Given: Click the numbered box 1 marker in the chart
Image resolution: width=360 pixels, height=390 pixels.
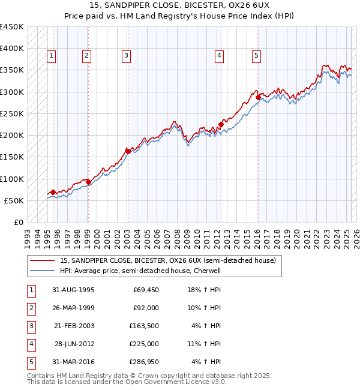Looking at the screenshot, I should click(52, 56).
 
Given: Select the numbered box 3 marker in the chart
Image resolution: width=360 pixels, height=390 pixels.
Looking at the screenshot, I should click(127, 56).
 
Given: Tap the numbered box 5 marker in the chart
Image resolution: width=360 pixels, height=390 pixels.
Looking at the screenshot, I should click(256, 56).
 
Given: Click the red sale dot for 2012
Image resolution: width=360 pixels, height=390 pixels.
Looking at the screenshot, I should click(220, 125).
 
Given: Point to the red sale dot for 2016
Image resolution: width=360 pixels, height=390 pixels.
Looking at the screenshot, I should click(258, 97).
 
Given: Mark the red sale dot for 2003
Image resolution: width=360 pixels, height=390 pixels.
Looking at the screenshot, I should click(128, 151).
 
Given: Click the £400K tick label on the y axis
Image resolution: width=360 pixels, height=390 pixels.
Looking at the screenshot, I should click(12, 49).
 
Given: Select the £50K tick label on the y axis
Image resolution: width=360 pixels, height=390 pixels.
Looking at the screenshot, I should click(14, 200).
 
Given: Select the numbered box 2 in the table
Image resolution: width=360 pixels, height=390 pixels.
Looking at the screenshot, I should click(30, 308).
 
